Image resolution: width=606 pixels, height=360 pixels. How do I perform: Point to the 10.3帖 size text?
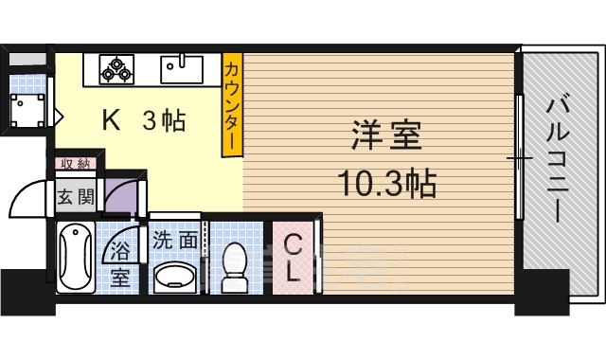tap(387, 183)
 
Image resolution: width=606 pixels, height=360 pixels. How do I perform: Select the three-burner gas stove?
tap(116, 67)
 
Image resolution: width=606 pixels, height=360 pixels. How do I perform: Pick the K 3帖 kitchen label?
tap(143, 121)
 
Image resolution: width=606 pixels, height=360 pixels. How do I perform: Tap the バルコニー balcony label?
tap(556, 156)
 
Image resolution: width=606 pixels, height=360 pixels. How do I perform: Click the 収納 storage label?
tap(75, 164)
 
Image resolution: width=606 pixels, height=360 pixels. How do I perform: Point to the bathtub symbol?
tap(76, 258)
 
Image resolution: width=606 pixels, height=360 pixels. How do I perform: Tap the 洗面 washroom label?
tap(174, 241)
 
